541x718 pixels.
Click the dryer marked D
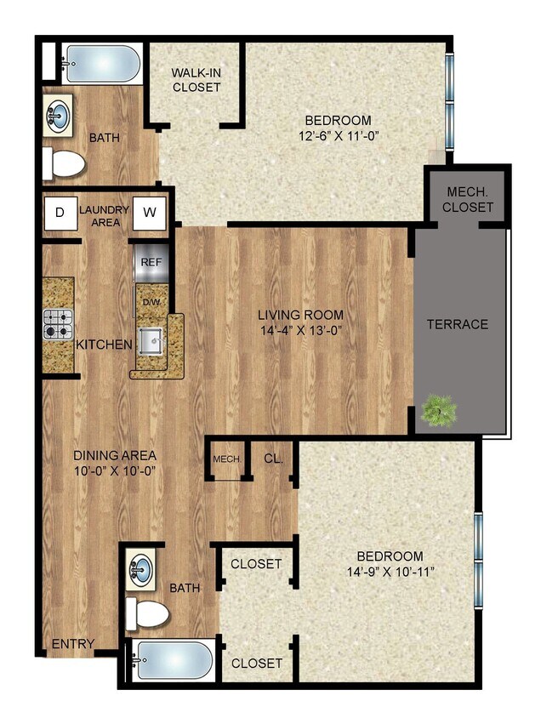point(60,213)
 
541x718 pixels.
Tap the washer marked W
point(149,212)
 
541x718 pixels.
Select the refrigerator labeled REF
point(151,262)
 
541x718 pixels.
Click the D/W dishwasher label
point(151,302)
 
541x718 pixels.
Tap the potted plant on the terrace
point(439,412)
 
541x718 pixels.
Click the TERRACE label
point(458,324)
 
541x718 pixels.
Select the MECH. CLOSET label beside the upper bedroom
point(468,200)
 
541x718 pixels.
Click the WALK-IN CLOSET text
point(196,80)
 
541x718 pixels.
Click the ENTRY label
point(73,644)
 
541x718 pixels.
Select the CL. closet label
point(273,458)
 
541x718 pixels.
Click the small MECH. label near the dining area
point(227,459)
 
